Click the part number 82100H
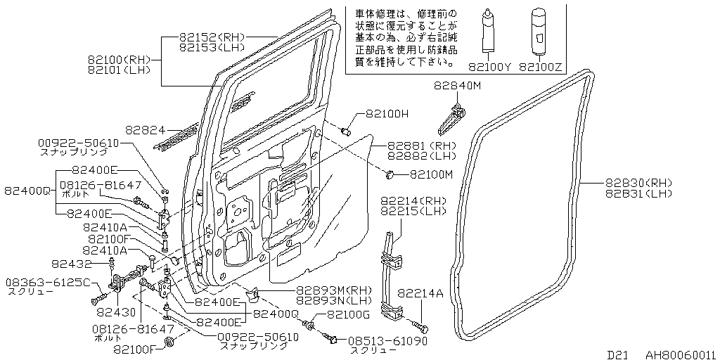pos(386,114)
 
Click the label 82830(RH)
pos(638,183)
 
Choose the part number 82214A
pos(420,294)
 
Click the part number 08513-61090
pos(380,340)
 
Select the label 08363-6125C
pos(48,283)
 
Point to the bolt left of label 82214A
pos(420,327)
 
